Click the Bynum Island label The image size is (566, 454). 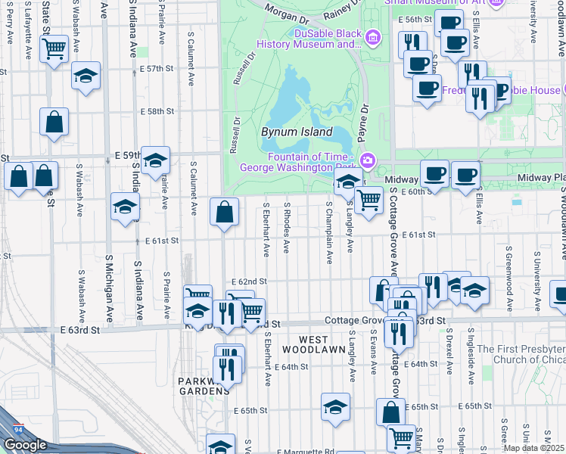click(297, 132)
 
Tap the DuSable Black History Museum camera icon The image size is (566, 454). click(372, 37)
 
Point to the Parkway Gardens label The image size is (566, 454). click(204, 386)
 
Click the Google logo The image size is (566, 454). click(25, 445)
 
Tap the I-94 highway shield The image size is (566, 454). click(16, 431)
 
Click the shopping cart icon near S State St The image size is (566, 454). click(54, 49)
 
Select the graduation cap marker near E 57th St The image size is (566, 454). click(86, 76)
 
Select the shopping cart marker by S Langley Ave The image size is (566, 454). click(369, 201)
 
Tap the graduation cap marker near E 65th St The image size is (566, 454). click(336, 407)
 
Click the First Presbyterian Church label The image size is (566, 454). click(529, 354)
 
